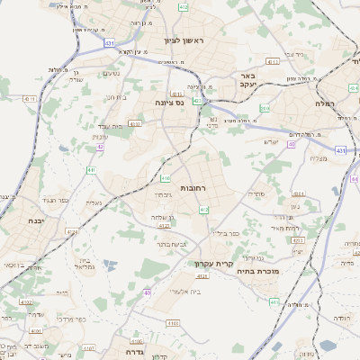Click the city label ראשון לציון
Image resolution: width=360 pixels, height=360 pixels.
(184, 41)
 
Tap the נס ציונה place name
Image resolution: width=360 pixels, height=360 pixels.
(169, 103)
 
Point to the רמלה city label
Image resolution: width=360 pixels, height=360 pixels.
(325, 104)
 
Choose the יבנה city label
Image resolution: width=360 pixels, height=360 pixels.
(35, 220)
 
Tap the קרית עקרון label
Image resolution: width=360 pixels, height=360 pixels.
(213, 264)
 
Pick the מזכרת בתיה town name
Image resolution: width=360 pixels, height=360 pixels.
(258, 270)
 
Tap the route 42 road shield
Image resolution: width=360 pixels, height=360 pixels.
(100, 146)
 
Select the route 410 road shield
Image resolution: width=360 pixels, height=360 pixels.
(165, 177)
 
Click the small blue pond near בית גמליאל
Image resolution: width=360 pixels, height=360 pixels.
(109, 265)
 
